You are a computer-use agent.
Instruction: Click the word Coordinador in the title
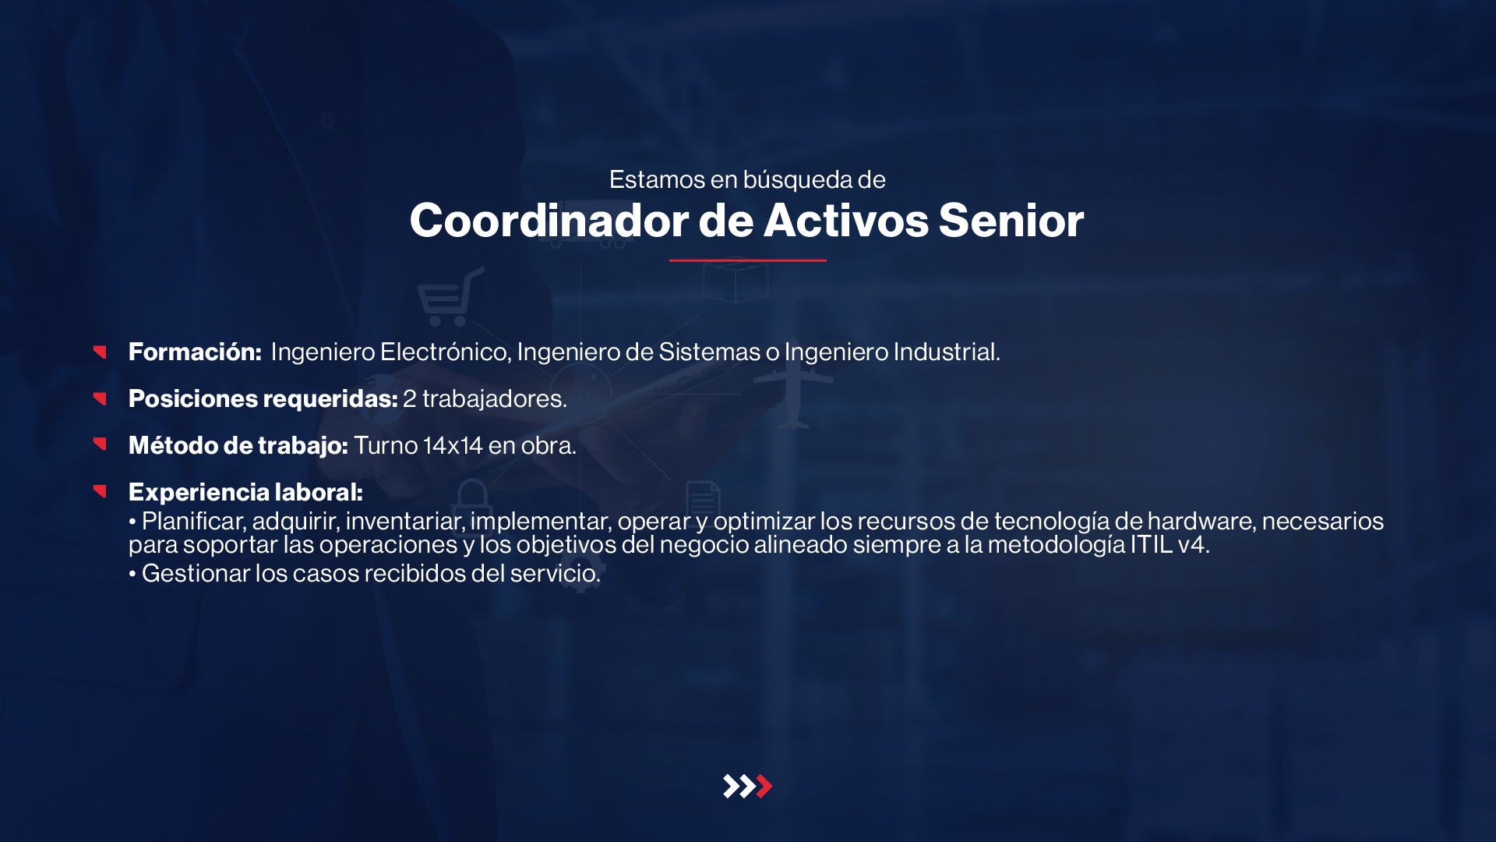point(549,221)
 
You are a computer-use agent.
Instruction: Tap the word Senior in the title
point(1011,221)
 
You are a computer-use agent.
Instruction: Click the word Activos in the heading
point(846,221)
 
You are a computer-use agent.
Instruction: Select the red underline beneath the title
point(748,260)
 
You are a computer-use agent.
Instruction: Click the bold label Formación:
point(195,352)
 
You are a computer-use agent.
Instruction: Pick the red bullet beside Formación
point(100,352)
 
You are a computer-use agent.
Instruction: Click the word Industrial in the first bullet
point(947,352)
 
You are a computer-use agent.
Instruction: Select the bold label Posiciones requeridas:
point(263,399)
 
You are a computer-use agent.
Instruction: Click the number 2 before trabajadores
point(410,399)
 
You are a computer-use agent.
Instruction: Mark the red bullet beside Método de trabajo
point(100,444)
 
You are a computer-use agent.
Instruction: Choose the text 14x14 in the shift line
point(453,446)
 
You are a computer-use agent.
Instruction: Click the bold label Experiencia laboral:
point(245,493)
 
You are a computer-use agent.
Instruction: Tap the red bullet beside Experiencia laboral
point(100,490)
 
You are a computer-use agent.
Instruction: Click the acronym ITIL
point(1152,544)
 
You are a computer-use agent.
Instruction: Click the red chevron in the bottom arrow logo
point(764,786)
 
